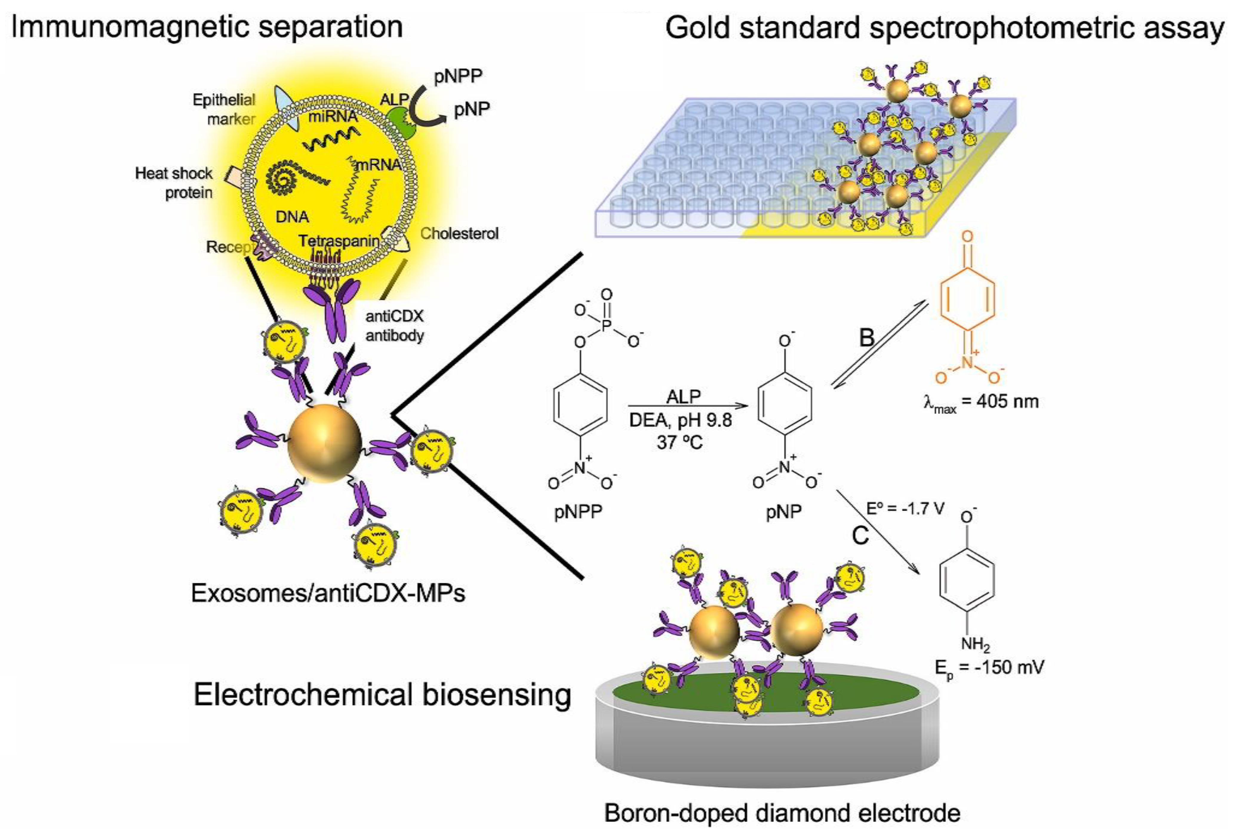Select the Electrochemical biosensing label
click(382, 695)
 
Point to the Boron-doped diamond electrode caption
click(782, 813)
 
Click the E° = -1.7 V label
click(905, 509)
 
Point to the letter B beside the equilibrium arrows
click(866, 337)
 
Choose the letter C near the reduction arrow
click(860, 535)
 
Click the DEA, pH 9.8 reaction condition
click(680, 420)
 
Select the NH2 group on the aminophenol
click(975, 645)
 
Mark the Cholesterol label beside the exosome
click(459, 233)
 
